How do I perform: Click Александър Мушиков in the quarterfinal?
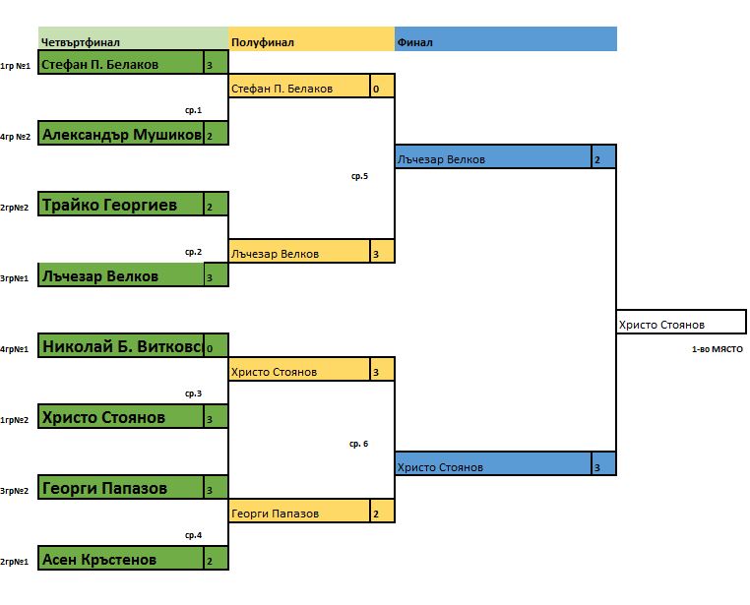point(121,135)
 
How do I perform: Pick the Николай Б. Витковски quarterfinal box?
point(121,346)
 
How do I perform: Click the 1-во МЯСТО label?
point(717,349)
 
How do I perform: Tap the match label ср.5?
point(359,177)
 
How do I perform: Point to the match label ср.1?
point(193,110)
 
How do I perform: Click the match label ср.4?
point(193,535)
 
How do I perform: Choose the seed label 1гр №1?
point(16,66)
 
